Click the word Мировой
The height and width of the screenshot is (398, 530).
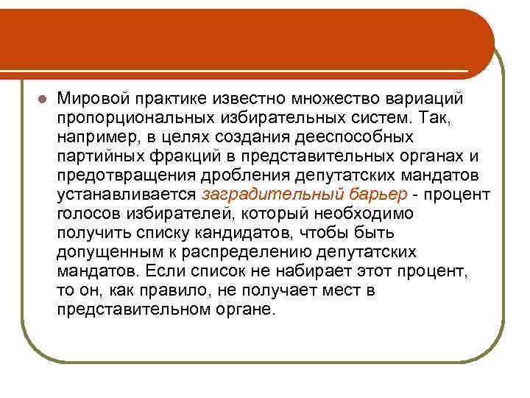tap(91, 99)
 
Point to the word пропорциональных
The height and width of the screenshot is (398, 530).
tap(130, 118)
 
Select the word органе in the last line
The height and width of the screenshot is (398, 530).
tap(246, 310)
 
